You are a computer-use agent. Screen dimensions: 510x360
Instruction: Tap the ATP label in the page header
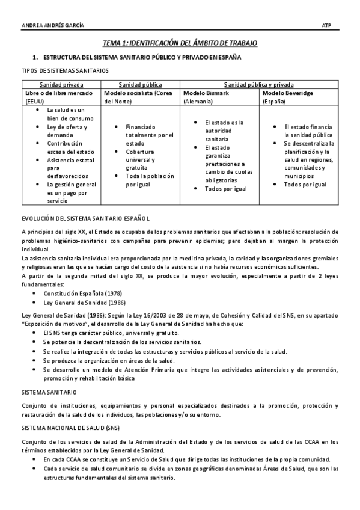(x=327, y=25)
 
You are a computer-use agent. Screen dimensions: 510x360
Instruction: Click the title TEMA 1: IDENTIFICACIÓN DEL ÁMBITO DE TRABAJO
(x=180, y=43)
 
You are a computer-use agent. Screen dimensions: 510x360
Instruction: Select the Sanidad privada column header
(x=61, y=85)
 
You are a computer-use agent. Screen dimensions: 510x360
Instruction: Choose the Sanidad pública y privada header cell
(x=259, y=85)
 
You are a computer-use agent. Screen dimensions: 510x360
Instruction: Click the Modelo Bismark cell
(x=220, y=97)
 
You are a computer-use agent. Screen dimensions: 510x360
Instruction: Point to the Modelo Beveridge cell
(x=299, y=97)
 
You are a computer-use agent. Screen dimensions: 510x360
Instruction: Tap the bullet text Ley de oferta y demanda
(x=67, y=131)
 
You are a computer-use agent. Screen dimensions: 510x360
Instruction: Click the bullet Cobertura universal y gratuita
(x=141, y=160)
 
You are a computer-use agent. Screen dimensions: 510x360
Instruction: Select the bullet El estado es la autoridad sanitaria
(x=224, y=131)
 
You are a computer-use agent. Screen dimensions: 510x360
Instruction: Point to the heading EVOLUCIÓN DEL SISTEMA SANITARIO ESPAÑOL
(x=85, y=218)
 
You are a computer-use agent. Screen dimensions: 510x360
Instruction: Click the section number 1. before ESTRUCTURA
(x=35, y=57)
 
